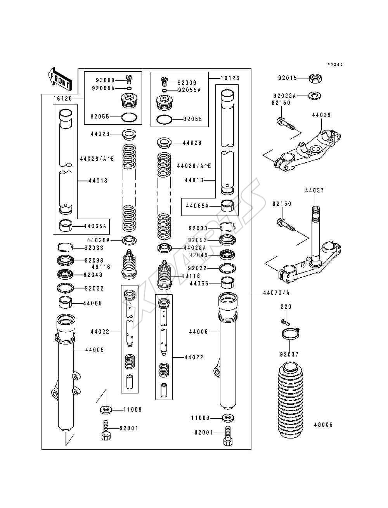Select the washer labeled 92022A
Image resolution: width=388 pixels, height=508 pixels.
[x=315, y=96]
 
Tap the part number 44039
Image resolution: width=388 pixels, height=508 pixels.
[x=321, y=115]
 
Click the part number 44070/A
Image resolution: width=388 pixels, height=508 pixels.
[x=276, y=293]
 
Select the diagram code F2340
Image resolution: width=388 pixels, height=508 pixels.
[x=335, y=65]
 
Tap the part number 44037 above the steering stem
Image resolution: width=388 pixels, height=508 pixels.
[x=314, y=190]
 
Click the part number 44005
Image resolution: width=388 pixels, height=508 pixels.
[x=95, y=350]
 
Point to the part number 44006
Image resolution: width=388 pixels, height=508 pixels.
[x=199, y=332]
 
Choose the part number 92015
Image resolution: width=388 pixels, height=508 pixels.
[x=288, y=78]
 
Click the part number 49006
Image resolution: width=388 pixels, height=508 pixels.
[x=323, y=424]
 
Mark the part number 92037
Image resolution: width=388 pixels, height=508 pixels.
[x=289, y=354]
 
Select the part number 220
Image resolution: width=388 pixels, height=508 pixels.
[x=286, y=307]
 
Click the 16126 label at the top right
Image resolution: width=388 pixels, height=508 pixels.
[x=230, y=78]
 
